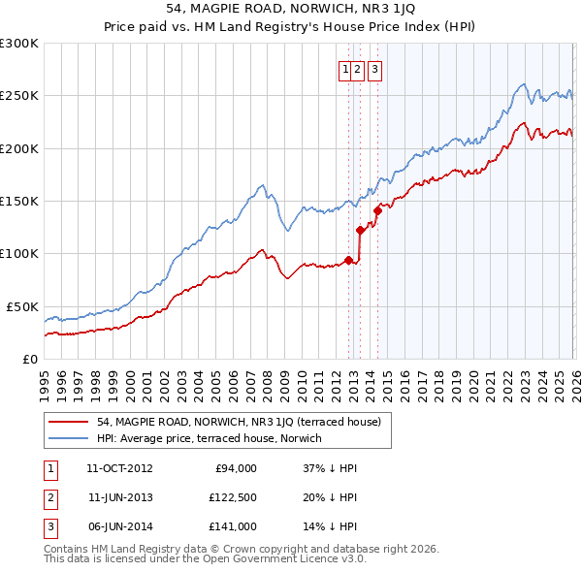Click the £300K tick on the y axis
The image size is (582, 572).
click(19, 44)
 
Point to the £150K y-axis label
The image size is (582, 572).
click(19, 202)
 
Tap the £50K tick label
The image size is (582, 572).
click(23, 306)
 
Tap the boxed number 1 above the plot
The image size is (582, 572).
click(345, 69)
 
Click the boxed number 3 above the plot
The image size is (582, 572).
click(374, 69)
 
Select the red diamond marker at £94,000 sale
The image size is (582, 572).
click(348, 260)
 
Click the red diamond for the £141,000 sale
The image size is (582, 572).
click(377, 210)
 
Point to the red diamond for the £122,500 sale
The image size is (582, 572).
click(360, 230)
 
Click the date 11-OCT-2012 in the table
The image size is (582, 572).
click(119, 468)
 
